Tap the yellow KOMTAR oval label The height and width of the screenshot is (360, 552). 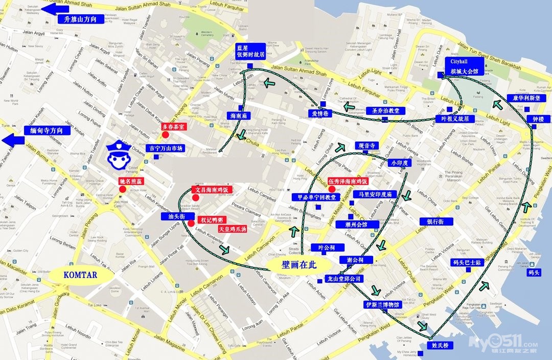tap(81, 275)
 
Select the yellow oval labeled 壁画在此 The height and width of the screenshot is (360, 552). tap(300, 264)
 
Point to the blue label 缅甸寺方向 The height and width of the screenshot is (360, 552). tap(47, 130)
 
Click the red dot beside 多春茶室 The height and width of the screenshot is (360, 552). tap(165, 134)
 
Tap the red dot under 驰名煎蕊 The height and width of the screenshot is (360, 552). tap(123, 190)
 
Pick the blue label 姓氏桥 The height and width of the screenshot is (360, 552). tap(440, 346)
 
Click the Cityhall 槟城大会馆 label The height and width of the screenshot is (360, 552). tap(464, 66)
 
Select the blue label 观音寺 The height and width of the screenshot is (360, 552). tap(366, 146)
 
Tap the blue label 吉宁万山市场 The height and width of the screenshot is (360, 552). tap(165, 148)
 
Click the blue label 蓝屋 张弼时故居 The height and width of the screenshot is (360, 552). tap(250, 51)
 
